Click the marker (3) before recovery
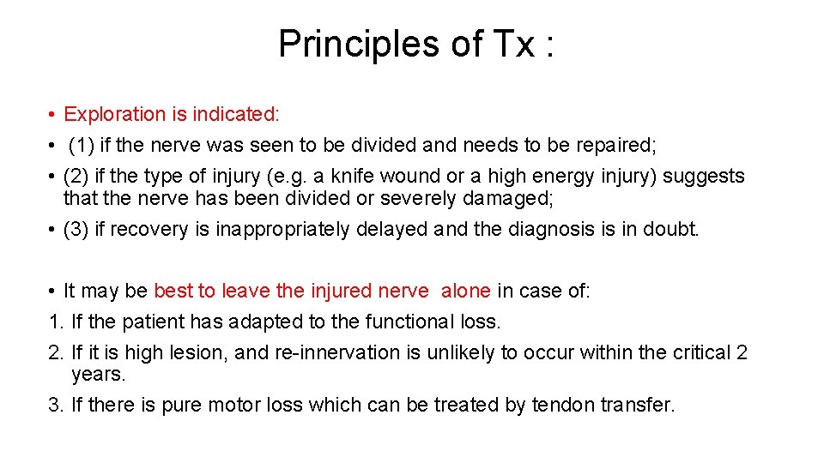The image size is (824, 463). click(x=76, y=230)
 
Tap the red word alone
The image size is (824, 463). click(x=466, y=291)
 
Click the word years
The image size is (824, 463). click(x=99, y=375)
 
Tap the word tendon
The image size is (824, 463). click(x=561, y=405)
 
